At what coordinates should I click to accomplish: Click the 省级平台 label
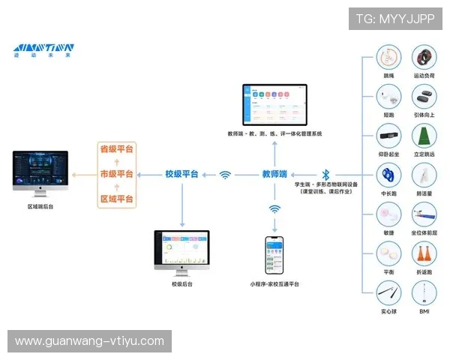(x=116, y=149)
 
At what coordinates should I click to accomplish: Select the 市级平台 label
(x=116, y=174)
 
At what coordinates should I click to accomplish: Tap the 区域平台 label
(x=116, y=199)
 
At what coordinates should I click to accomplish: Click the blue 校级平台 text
(x=181, y=174)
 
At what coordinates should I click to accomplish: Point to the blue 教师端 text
(x=274, y=174)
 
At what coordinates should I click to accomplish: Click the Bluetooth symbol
(x=325, y=174)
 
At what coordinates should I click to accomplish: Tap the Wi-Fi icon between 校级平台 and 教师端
(x=225, y=175)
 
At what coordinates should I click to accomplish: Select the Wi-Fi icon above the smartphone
(x=274, y=209)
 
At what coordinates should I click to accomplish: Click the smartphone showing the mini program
(x=274, y=256)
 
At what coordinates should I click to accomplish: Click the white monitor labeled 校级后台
(x=181, y=251)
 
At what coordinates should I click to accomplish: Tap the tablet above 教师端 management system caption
(x=274, y=105)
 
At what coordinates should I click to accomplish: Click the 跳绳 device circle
(x=388, y=58)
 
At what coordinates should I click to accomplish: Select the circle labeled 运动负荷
(x=424, y=58)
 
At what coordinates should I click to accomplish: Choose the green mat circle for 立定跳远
(x=424, y=136)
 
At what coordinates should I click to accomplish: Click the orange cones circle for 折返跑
(x=424, y=254)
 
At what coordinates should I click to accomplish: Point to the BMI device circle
(x=424, y=293)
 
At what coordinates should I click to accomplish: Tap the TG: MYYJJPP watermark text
(x=395, y=19)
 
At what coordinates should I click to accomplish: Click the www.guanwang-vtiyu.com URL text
(x=89, y=341)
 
